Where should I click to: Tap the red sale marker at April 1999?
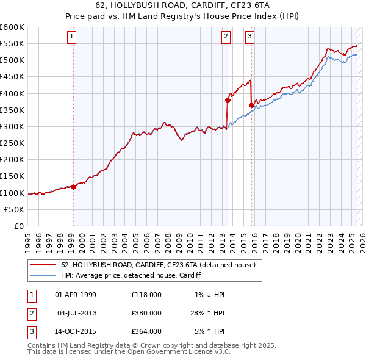click(73, 187)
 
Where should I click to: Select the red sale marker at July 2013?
click(228, 100)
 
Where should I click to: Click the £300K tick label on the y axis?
click(12, 126)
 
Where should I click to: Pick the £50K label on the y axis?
click(15, 209)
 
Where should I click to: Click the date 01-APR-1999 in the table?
click(76, 295)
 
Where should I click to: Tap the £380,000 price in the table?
click(146, 313)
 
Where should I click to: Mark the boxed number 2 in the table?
click(30, 313)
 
